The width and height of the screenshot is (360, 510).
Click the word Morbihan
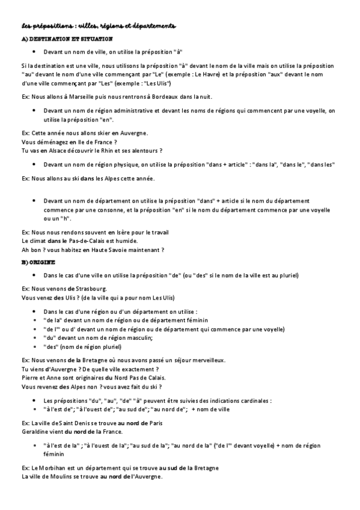[x=55, y=467]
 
